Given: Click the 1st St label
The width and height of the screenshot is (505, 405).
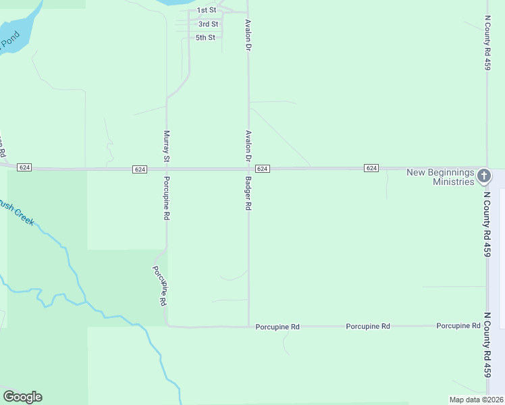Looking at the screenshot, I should pos(206,10).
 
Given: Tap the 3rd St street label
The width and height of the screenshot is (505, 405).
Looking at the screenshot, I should pos(208,24).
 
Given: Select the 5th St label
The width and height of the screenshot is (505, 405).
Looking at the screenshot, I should pos(205,37).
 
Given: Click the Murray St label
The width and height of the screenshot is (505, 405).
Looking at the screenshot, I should pos(166,146).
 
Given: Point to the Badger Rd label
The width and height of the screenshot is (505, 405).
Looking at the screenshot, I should pos(248,194).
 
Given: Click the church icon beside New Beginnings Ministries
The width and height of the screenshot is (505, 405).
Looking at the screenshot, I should pos(483,177).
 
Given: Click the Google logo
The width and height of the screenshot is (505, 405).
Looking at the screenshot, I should pos(22,397).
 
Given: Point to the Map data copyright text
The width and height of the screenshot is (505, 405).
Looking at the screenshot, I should pos(475,400).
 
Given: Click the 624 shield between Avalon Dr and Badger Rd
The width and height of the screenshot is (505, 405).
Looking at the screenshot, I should pos(263,168).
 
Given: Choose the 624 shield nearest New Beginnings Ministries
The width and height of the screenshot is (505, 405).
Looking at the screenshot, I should pos(371,167).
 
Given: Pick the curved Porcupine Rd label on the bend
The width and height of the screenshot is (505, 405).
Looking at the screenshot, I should pos(159,286).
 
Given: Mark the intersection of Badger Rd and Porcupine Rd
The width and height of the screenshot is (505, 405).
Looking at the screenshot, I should pos(248,326).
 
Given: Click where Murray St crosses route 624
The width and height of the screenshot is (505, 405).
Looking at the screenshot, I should pos(167,169).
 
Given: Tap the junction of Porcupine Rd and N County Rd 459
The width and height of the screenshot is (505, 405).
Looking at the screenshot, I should pos(487,326).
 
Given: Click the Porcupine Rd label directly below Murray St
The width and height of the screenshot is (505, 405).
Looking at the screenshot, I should pos(166,198).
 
